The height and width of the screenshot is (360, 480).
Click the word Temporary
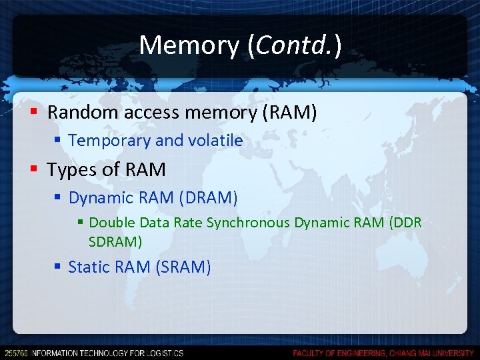pyautogui.click(x=109, y=141)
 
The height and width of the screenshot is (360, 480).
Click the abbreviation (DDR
pyautogui.click(x=405, y=222)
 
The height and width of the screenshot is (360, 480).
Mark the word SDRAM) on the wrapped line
pyautogui.click(x=115, y=241)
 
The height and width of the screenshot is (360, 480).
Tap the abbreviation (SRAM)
pyautogui.click(x=183, y=267)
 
